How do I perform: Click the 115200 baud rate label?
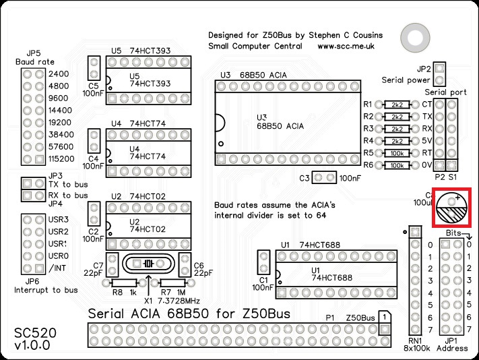[x=61, y=159]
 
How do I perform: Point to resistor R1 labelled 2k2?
[x=397, y=104]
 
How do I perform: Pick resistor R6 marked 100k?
[x=397, y=165]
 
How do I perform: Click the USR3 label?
[x=59, y=220]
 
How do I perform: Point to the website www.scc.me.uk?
[x=346, y=47]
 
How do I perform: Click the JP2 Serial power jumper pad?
[x=439, y=68]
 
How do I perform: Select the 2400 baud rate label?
[x=59, y=73]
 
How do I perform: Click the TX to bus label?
[x=68, y=184]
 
